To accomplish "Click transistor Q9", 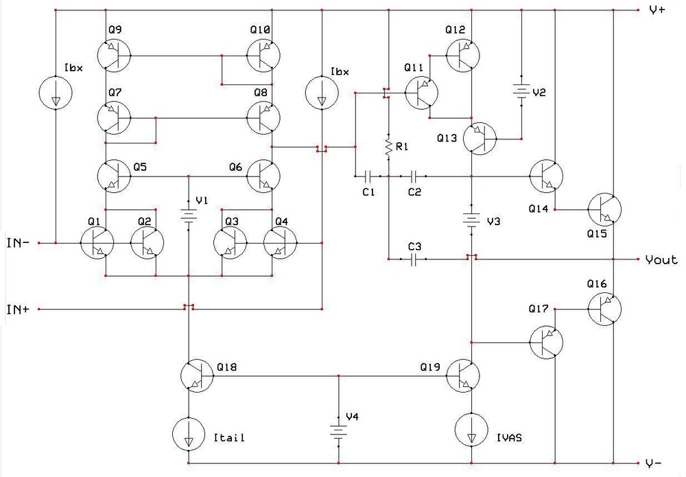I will click(114, 55).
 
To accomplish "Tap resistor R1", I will click(388, 146).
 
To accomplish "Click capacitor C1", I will click(369, 176).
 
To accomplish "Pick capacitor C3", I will click(413, 259).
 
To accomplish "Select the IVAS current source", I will click(472, 430).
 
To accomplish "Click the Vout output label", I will click(661, 259).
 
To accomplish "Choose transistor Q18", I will click(198, 375).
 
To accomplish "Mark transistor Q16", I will click(604, 310).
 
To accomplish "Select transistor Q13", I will click(480, 139).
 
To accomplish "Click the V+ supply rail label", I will click(657, 10).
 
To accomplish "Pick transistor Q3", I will click(230, 242).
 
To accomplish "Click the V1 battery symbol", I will click(188, 213).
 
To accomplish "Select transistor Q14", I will click(545, 176).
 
